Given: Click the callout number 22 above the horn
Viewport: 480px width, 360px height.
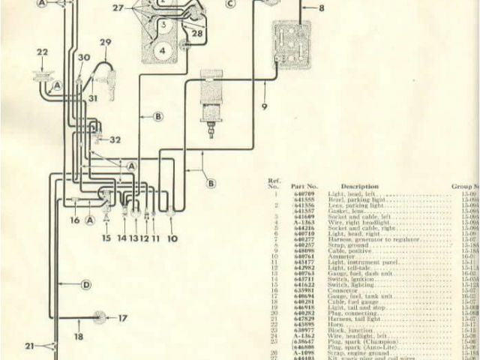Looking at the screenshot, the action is [x=42, y=52].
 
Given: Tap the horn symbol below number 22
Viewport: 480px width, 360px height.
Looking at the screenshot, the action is [x=42, y=76].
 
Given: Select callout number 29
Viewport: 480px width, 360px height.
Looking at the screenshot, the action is [x=105, y=42].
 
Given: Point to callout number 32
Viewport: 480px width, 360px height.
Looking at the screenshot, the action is [x=115, y=139].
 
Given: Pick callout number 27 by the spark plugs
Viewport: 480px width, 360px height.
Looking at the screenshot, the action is [x=118, y=7].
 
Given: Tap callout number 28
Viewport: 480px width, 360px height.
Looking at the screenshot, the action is [x=197, y=34].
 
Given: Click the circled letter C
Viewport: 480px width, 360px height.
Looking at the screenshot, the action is [x=229, y=3].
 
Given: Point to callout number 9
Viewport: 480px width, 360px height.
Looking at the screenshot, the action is [x=264, y=106].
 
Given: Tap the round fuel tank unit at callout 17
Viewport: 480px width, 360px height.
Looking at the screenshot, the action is [x=97, y=317].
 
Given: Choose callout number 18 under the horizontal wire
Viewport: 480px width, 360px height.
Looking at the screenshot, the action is [x=78, y=337].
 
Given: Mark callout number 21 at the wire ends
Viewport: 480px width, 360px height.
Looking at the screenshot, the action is [x=29, y=346].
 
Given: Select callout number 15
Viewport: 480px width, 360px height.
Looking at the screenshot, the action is [x=106, y=238].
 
